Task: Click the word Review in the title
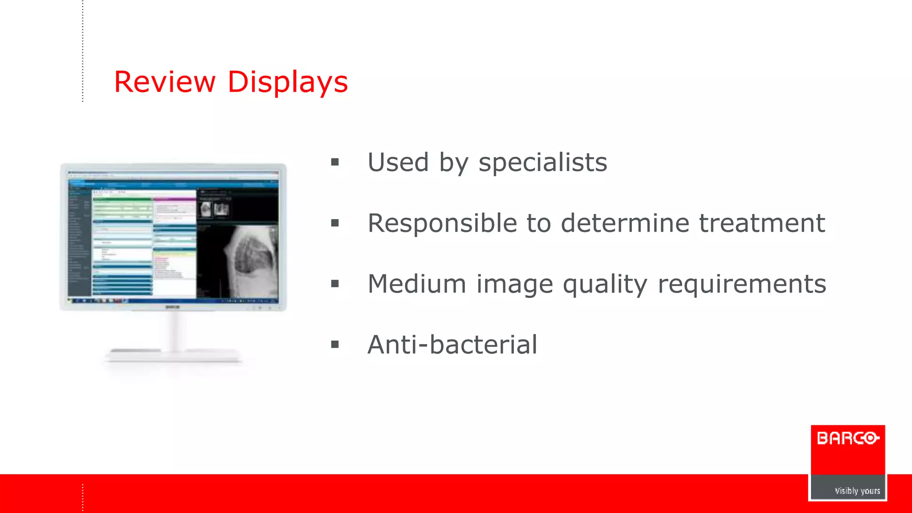pyautogui.click(x=165, y=82)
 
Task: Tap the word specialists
pyautogui.click(x=542, y=163)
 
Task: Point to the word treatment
pyautogui.click(x=761, y=223)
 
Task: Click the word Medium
pyautogui.click(x=417, y=284)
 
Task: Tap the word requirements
pyautogui.click(x=741, y=285)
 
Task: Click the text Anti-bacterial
pyautogui.click(x=452, y=345)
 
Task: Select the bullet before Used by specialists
pyautogui.click(x=335, y=163)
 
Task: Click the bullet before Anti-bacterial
pyautogui.click(x=335, y=345)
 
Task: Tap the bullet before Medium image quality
pyautogui.click(x=335, y=284)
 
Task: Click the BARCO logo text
pyautogui.click(x=847, y=439)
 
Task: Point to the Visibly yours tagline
pyautogui.click(x=857, y=491)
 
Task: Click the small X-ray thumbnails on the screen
pyautogui.click(x=214, y=209)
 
